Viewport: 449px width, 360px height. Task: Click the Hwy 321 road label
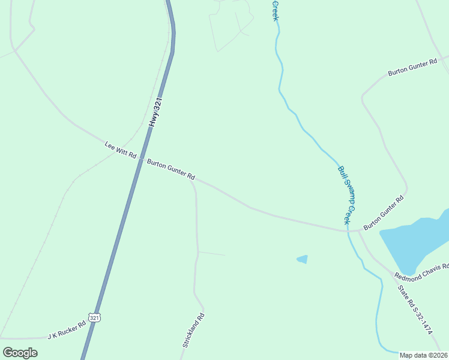click(x=157, y=112)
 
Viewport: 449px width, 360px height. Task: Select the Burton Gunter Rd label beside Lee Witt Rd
click(x=171, y=169)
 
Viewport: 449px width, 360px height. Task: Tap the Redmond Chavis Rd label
click(x=421, y=271)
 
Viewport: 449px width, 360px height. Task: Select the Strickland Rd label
click(x=193, y=331)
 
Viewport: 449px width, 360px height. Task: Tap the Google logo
click(x=20, y=352)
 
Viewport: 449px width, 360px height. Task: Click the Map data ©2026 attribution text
click(x=423, y=355)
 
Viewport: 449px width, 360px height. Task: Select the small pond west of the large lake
click(x=303, y=259)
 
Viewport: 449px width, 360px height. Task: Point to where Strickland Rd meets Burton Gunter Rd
click(x=191, y=178)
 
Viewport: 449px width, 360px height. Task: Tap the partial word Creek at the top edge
click(x=275, y=11)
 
